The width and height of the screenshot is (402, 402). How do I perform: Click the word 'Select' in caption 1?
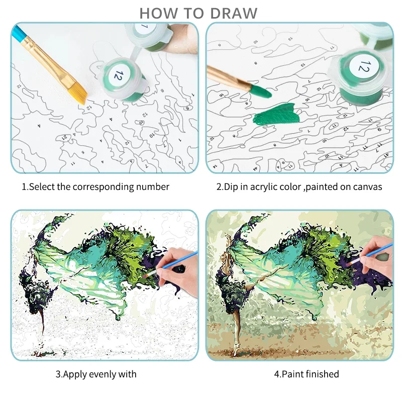pos(41,187)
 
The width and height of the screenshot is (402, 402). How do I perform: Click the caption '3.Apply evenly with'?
pos(95,374)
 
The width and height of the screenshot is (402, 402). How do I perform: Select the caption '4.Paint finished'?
pos(307,374)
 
